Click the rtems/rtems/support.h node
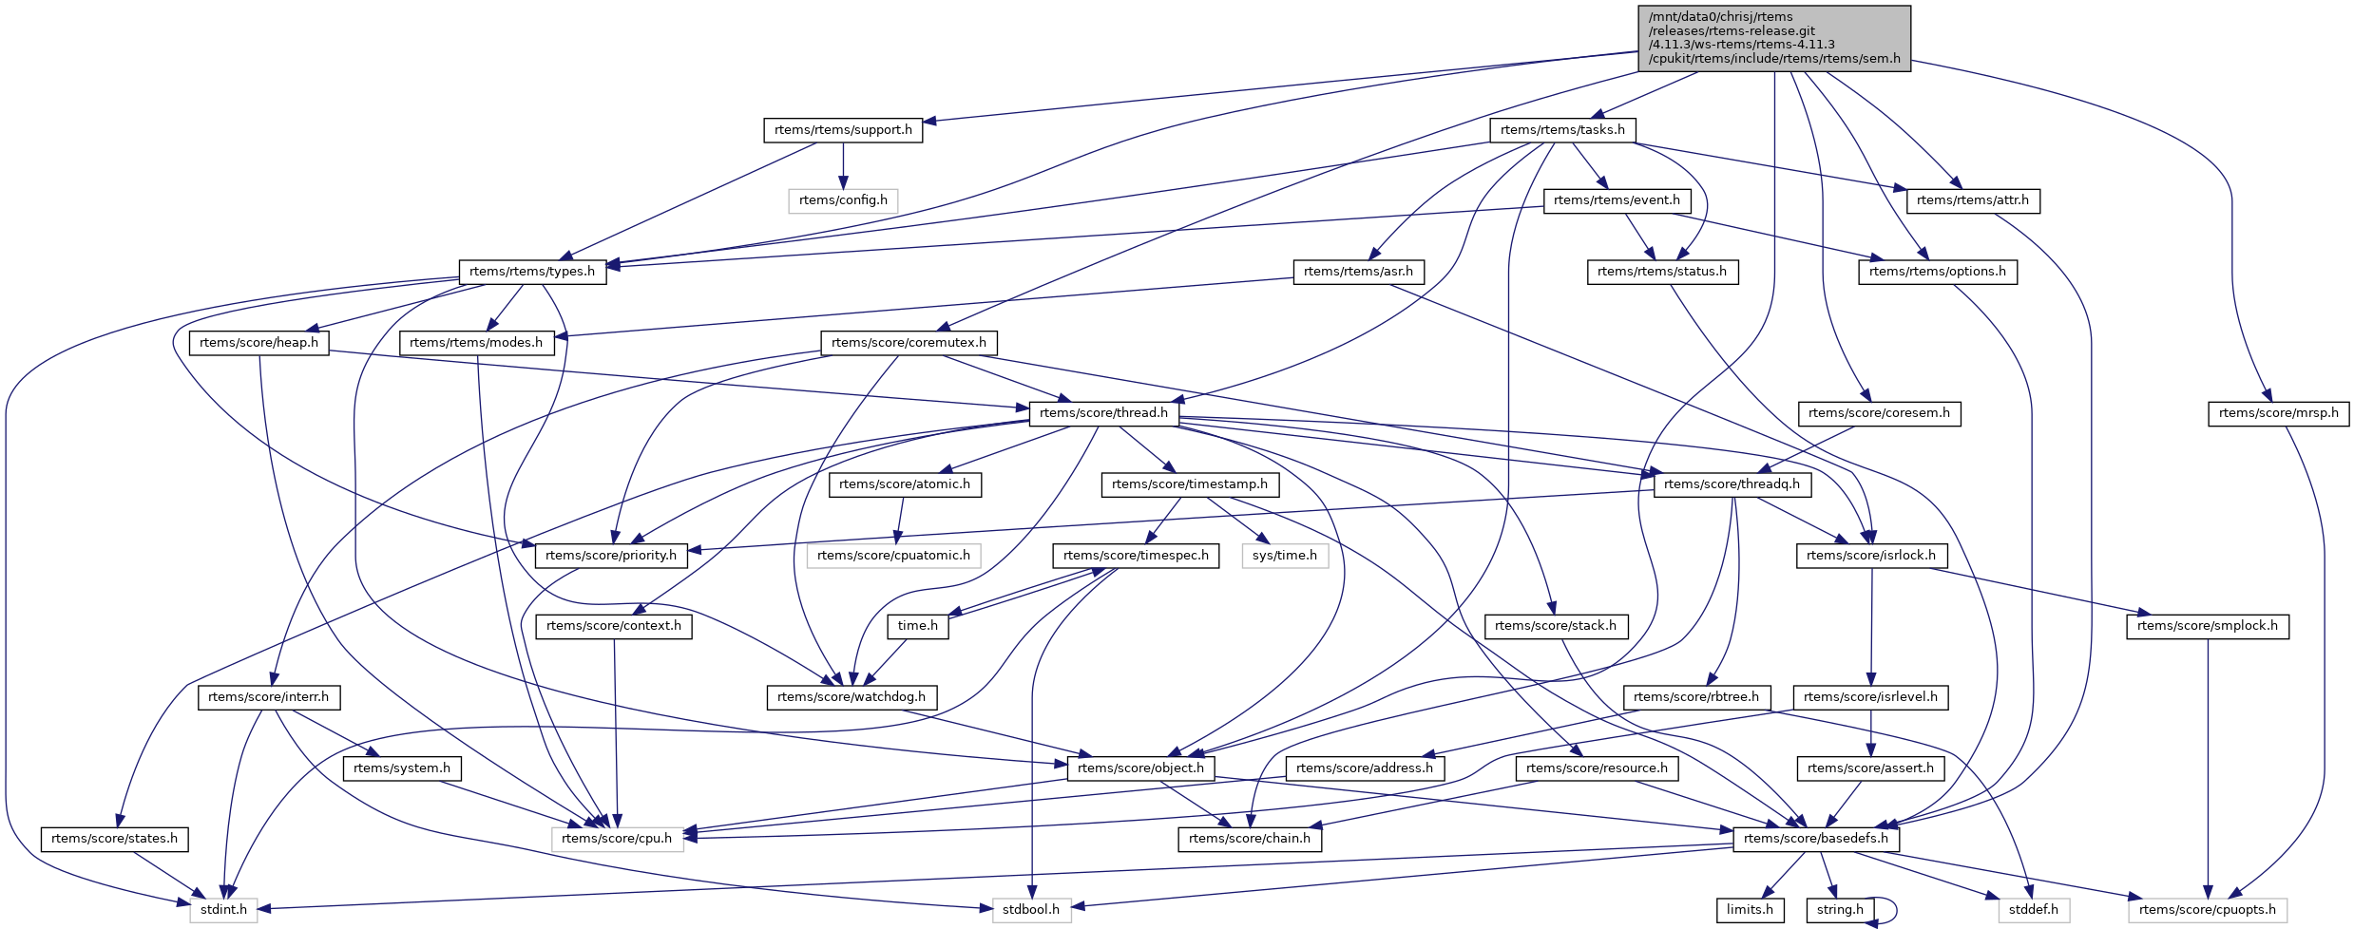click(x=843, y=130)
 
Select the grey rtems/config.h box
click(x=843, y=200)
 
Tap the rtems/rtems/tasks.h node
click(x=1562, y=130)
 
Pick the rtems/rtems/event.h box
click(x=1617, y=200)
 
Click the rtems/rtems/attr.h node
click(x=1972, y=200)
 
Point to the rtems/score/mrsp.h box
click(x=2278, y=413)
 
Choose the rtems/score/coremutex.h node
click(x=909, y=343)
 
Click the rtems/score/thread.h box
click(x=1103, y=413)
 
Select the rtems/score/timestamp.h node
click(x=1189, y=484)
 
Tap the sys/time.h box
click(x=1284, y=556)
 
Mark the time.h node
click(x=917, y=626)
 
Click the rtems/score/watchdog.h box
click(x=851, y=697)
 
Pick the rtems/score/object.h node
click(x=1140, y=768)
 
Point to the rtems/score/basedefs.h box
click(x=1815, y=839)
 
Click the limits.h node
click(x=1749, y=910)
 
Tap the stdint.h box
click(x=223, y=910)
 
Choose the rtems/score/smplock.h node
click(x=2207, y=626)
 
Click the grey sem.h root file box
click(x=1773, y=38)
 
